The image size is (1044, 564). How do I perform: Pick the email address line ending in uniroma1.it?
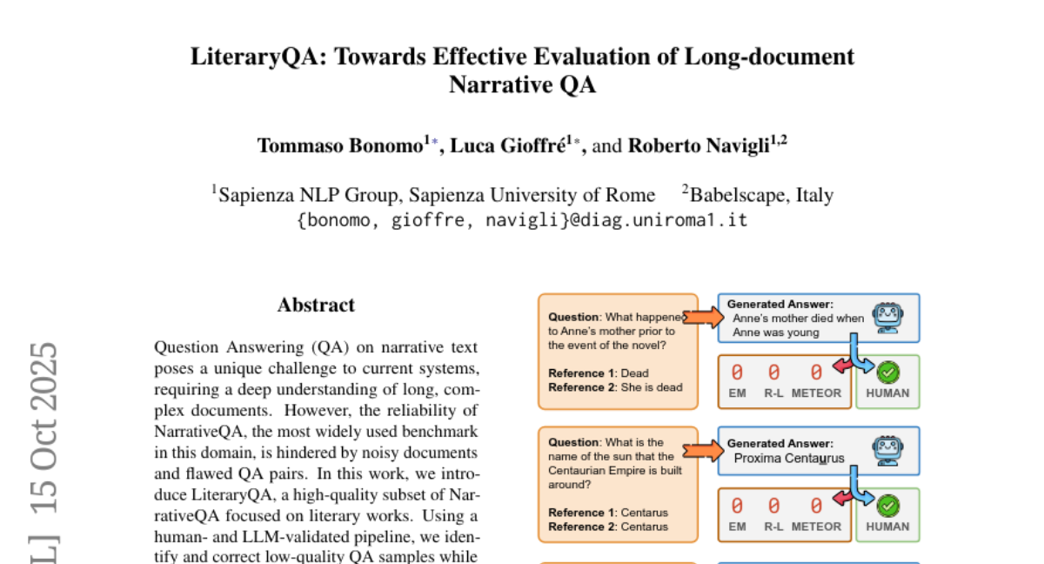(x=522, y=219)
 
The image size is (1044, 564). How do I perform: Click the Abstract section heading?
(x=316, y=305)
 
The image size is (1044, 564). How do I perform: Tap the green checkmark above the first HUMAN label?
(x=888, y=373)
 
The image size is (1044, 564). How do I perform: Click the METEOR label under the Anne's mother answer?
(x=816, y=393)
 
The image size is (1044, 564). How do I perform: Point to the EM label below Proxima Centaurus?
(x=737, y=527)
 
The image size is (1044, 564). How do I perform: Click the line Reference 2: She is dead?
(x=615, y=387)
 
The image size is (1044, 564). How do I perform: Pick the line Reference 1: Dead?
(x=599, y=373)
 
